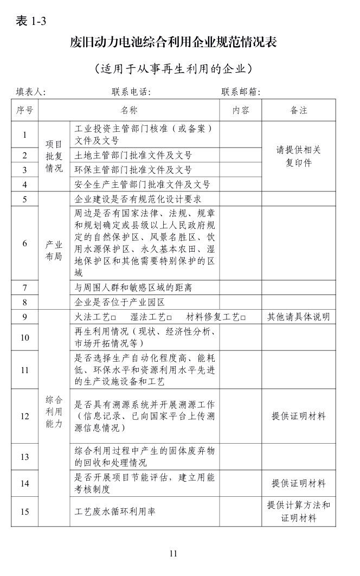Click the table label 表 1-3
31,21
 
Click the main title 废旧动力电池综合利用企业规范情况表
173,43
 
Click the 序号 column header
25,111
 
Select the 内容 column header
241,111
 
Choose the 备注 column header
299,111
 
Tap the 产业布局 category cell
54,251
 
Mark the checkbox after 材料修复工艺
243,317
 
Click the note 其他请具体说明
299,317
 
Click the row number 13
25,457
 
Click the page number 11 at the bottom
173,553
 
